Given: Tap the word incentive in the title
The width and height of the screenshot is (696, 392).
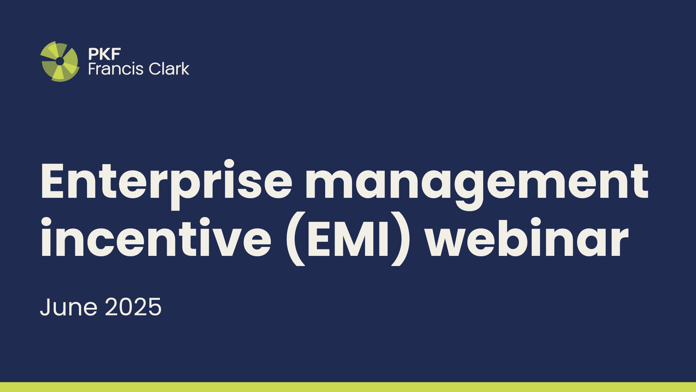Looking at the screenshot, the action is [x=156, y=237].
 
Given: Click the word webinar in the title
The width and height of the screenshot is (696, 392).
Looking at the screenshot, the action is [x=527, y=236].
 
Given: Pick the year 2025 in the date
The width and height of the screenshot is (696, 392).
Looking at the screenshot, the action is [x=133, y=307].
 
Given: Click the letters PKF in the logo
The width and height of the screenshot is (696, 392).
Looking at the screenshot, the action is [x=104, y=54].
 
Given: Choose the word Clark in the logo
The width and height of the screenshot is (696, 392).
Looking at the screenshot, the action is [x=169, y=69].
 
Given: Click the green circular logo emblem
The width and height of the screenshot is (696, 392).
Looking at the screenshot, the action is [x=60, y=61].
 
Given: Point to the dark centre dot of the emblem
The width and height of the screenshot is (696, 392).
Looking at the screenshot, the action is [x=60, y=61].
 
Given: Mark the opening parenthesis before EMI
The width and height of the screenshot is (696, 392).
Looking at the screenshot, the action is [x=295, y=239].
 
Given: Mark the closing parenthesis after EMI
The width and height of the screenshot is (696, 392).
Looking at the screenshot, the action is [x=401, y=239].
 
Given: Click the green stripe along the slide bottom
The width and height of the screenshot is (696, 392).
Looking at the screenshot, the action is [x=348, y=387].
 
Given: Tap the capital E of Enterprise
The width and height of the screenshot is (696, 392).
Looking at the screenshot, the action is [x=53, y=181].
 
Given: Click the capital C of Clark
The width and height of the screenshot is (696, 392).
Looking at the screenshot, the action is [x=156, y=69].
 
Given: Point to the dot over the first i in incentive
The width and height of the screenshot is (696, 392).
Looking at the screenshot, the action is [x=46, y=222].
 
